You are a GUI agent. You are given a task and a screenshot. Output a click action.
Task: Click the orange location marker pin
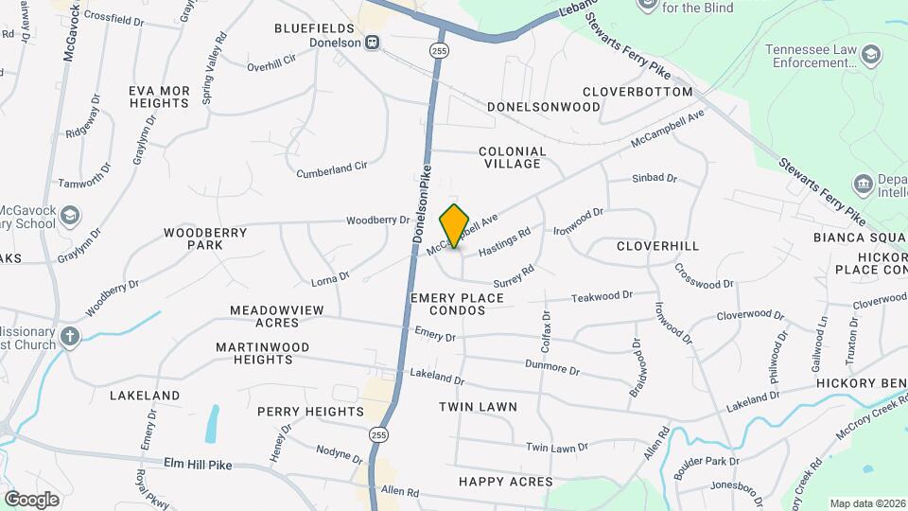(x=455, y=225)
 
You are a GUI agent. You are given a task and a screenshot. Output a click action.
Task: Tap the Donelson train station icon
(x=374, y=43)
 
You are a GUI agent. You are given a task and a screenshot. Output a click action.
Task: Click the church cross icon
(x=70, y=337)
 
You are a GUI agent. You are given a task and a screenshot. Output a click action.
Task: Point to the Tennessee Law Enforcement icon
(x=866, y=57)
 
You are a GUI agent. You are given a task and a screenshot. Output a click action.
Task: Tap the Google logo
(x=31, y=500)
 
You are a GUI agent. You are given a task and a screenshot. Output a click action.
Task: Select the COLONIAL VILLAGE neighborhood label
(x=513, y=157)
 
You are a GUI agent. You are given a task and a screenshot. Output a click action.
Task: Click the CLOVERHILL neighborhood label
(x=657, y=246)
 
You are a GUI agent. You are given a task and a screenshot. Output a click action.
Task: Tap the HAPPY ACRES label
(x=506, y=482)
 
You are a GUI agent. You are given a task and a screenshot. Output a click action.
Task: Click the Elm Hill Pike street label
(x=198, y=465)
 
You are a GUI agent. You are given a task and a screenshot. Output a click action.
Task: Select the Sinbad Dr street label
(x=655, y=178)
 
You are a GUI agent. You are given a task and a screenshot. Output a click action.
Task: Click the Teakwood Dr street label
(x=602, y=297)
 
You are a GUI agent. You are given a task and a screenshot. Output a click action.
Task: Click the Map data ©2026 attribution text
(x=866, y=503)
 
